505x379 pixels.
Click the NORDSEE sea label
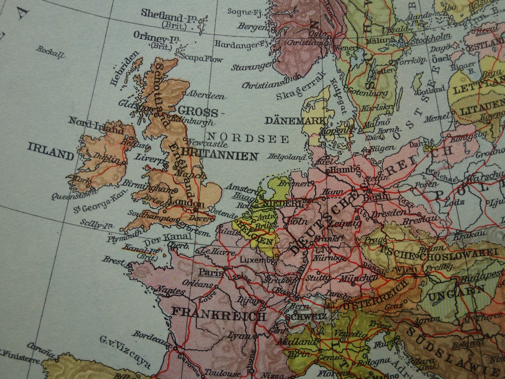pyautogui.click(x=249, y=138)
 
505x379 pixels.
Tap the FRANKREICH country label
pyautogui.click(x=218, y=314)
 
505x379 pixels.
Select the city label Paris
pyautogui.click(x=210, y=272)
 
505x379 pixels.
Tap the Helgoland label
pyautogui.click(x=287, y=156)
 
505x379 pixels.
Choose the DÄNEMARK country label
pyautogui.click(x=293, y=121)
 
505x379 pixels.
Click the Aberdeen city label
pyautogui.click(x=205, y=95)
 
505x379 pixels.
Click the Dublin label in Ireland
pyautogui.click(x=107, y=159)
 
